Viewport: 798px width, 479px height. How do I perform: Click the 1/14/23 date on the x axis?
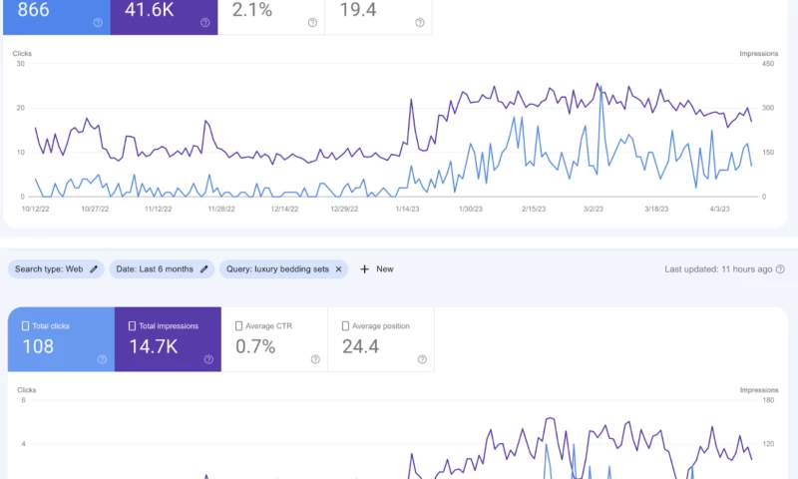407,210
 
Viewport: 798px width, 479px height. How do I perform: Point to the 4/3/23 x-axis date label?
718,210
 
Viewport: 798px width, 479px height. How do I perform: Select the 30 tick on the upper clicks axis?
20,64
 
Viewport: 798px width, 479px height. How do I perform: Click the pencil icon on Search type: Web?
94,268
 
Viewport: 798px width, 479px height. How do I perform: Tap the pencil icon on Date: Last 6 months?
203,268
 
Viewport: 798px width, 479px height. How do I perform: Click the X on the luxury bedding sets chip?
338,268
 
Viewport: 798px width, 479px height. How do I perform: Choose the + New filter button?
376,268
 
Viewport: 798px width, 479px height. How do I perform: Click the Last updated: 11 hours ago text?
718,268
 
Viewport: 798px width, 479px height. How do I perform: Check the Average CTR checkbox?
238,325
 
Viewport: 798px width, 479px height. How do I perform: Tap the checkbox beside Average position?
345,325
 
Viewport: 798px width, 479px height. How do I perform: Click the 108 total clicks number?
37,346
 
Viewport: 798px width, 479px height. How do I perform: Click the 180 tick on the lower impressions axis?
769,401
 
